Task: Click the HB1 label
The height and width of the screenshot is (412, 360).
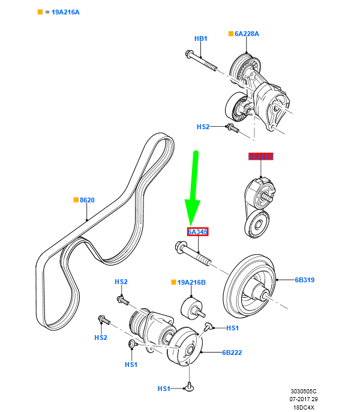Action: pyautogui.click(x=200, y=38)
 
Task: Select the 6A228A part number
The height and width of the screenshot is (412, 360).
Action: pyautogui.click(x=247, y=34)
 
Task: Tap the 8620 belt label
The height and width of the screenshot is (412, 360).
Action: pyautogui.click(x=87, y=200)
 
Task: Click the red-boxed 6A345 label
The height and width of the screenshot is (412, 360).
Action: pyautogui.click(x=197, y=232)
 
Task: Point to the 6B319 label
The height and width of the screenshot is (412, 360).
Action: pyautogui.click(x=304, y=280)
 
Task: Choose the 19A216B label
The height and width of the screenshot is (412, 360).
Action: pyautogui.click(x=191, y=282)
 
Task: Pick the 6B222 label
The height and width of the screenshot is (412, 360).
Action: pyautogui.click(x=232, y=353)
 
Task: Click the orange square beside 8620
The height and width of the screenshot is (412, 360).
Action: pyautogui.click(x=76, y=200)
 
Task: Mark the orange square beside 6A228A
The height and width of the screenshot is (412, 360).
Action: pyautogui.click(x=231, y=34)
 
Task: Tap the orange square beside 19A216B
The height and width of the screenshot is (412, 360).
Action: pyautogui.click(x=173, y=282)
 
